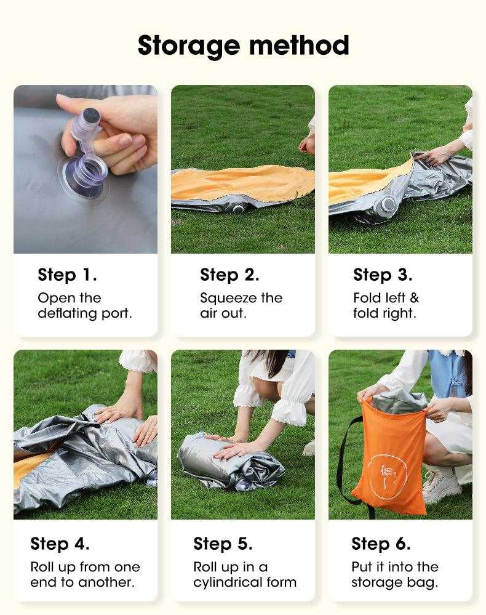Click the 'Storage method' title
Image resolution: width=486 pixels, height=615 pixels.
coord(243,46)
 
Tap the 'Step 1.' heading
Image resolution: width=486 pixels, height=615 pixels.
coord(67,275)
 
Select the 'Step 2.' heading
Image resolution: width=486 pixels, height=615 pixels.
coord(229,275)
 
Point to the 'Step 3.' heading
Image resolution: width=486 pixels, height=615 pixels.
coord(383,275)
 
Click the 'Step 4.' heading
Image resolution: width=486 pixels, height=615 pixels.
coord(60,544)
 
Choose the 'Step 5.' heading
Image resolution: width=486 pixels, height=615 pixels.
coord(223,544)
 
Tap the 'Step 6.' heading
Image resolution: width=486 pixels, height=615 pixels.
coord(381,544)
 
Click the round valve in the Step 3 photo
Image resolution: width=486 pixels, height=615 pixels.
coord(387,206)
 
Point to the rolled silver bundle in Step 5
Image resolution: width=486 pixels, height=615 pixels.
coord(231,462)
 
